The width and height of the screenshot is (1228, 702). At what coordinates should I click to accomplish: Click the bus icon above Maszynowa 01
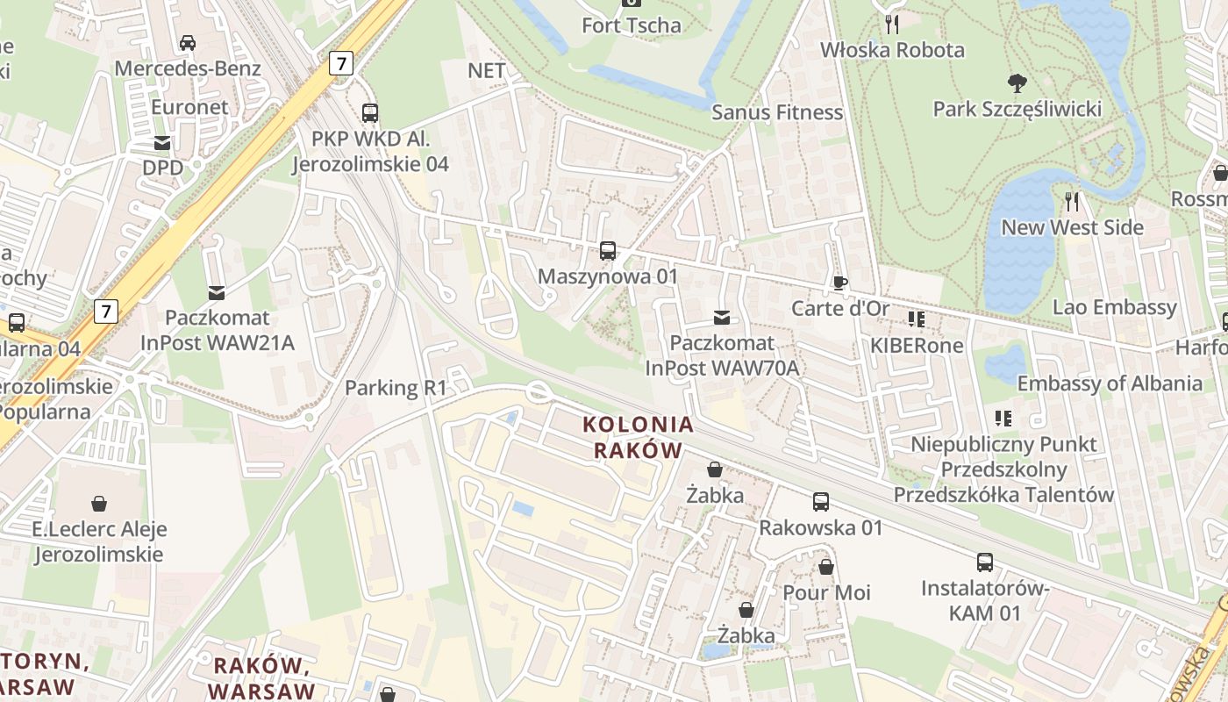(x=608, y=251)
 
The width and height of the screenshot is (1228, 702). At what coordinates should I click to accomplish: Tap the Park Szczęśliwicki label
(x=1017, y=109)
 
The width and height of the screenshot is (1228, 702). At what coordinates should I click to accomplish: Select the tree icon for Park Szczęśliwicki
(x=1017, y=83)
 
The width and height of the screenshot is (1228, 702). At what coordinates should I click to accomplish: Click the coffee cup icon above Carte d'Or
(x=840, y=283)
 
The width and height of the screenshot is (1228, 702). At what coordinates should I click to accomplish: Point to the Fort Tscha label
(x=631, y=25)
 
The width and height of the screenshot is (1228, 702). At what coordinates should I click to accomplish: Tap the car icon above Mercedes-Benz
(x=188, y=42)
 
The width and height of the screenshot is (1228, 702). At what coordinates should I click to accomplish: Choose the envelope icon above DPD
(x=162, y=142)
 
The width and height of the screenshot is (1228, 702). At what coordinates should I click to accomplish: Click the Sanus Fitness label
(x=776, y=112)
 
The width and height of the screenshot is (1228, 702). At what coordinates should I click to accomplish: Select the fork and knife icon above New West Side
(x=1072, y=202)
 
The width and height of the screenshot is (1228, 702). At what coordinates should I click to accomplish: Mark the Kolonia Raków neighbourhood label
(x=639, y=437)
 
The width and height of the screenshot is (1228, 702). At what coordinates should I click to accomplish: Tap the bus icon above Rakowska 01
(x=821, y=502)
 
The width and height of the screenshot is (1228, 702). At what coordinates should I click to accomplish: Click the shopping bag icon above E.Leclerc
(x=99, y=504)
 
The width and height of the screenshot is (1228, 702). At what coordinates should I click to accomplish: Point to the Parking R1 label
(x=396, y=388)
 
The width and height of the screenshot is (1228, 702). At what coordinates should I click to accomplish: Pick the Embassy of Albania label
(x=1109, y=383)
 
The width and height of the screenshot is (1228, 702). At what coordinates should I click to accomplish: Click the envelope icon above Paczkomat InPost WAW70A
(x=722, y=317)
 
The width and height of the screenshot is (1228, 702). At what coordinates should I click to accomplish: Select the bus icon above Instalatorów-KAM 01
(x=985, y=562)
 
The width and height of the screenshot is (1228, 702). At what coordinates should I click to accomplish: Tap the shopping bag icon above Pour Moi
(x=826, y=567)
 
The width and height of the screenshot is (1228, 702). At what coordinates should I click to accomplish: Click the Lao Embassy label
(x=1114, y=307)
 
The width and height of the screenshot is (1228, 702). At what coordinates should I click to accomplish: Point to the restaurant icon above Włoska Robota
(x=892, y=25)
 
